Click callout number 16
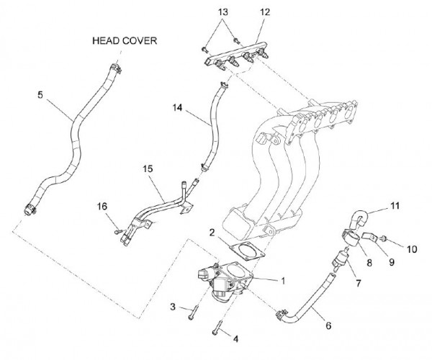[103, 207]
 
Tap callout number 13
[222, 12]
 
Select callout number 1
[284, 279]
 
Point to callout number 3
[173, 307]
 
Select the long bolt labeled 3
[191, 312]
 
